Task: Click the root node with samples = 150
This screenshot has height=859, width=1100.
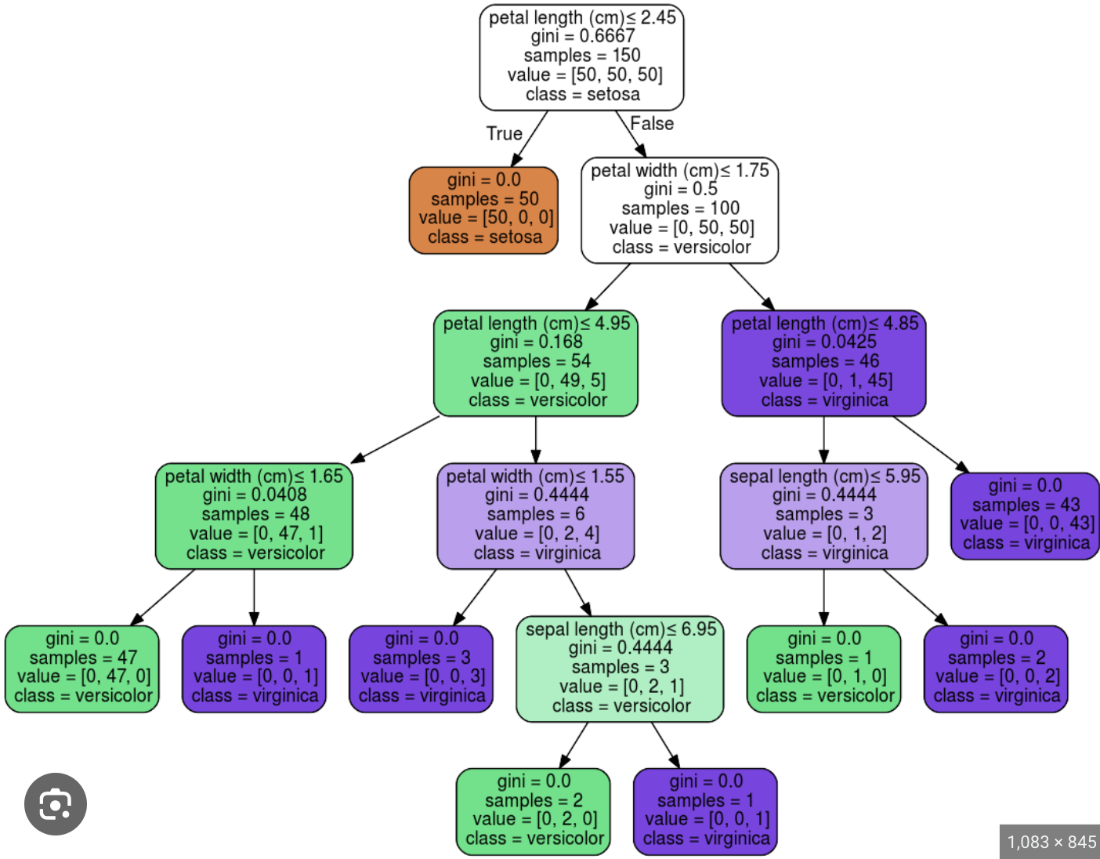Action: (x=581, y=57)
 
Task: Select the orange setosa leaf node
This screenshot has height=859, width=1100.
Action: (x=483, y=210)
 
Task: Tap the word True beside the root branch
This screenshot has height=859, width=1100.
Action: (x=504, y=134)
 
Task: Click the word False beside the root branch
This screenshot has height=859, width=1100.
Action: (x=652, y=124)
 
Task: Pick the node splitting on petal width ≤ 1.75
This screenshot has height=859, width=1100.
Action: (x=679, y=210)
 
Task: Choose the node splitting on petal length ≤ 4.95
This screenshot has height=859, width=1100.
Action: (x=536, y=363)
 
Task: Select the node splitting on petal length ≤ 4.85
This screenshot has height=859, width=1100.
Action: (x=823, y=363)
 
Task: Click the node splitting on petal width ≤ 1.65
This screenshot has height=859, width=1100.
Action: (x=254, y=516)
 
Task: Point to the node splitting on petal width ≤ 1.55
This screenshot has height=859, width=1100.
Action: (x=535, y=516)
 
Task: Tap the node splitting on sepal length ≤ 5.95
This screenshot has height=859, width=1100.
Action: (x=823, y=516)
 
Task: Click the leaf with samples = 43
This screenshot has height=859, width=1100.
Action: (x=1025, y=516)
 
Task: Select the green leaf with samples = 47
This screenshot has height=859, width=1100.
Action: (x=82, y=669)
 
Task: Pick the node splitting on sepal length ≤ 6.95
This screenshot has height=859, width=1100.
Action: (x=620, y=669)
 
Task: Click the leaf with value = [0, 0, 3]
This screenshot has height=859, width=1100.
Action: (x=421, y=669)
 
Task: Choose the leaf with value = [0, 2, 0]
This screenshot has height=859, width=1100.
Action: (x=534, y=811)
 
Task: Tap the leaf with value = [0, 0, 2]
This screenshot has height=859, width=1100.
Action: (x=996, y=669)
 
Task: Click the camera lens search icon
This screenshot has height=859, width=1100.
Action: (x=56, y=804)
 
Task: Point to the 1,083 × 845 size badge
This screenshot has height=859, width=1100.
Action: (x=1051, y=843)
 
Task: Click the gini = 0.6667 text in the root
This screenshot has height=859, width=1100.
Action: (x=582, y=36)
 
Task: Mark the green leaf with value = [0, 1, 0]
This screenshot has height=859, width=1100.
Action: (x=823, y=669)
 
